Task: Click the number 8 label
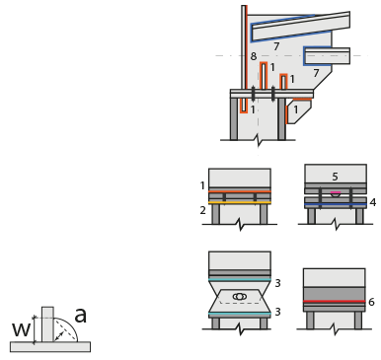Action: pyautogui.click(x=253, y=56)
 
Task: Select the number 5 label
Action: pyautogui.click(x=335, y=177)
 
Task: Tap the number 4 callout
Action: pyautogui.click(x=373, y=202)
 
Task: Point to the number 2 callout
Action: pyautogui.click(x=203, y=210)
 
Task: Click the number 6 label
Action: pyautogui.click(x=371, y=302)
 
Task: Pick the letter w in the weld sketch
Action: pyautogui.click(x=21, y=329)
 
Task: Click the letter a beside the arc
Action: pyautogui.click(x=80, y=316)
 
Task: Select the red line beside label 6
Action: pyautogui.click(x=334, y=301)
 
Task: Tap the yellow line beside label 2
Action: pyautogui.click(x=240, y=203)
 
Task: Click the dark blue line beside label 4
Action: pyautogui.click(x=336, y=205)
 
